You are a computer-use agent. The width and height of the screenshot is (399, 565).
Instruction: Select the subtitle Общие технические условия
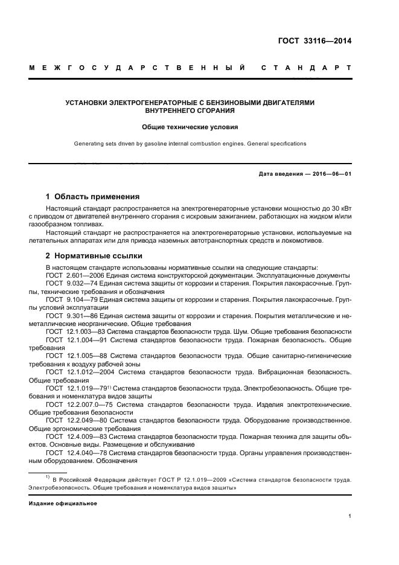pos(190,127)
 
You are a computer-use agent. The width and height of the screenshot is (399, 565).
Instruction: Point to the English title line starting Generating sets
pos(190,144)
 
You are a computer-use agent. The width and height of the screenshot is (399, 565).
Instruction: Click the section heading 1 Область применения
pos(93,196)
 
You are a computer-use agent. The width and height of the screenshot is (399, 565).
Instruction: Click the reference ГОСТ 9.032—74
pos(69,282)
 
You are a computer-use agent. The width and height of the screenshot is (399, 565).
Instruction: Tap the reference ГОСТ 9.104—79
pos(69,299)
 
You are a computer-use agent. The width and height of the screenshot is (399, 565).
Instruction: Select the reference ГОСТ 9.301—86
pos(69,315)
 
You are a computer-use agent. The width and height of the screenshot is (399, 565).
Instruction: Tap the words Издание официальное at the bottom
pos(63,503)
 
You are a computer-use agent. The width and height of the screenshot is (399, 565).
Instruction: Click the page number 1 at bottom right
pos(350,516)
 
